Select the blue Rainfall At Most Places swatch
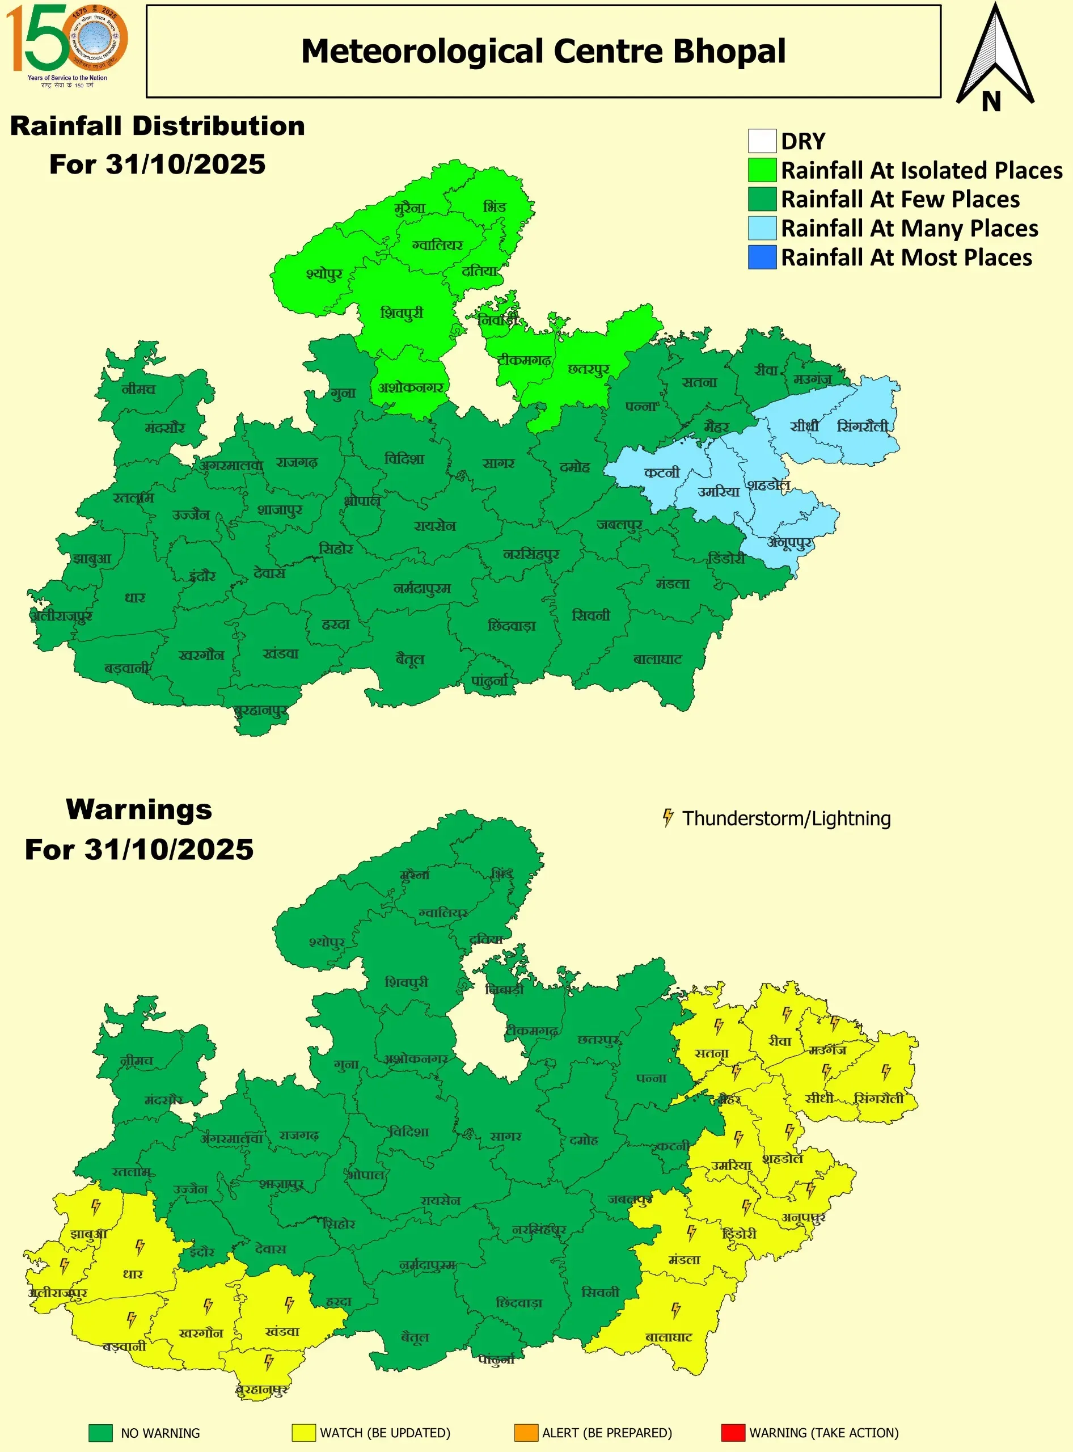(762, 258)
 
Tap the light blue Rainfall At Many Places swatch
(762, 228)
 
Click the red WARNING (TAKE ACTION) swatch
(733, 1433)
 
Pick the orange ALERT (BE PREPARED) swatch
(526, 1433)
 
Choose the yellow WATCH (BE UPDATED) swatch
(303, 1433)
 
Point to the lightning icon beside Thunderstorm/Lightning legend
(668, 818)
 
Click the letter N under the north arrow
(991, 102)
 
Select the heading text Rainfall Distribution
(158, 126)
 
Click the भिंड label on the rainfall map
(495, 206)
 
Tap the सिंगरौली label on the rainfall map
(862, 426)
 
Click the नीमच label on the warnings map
(137, 1061)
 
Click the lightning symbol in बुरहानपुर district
(269, 1361)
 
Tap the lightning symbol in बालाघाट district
(675, 1310)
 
